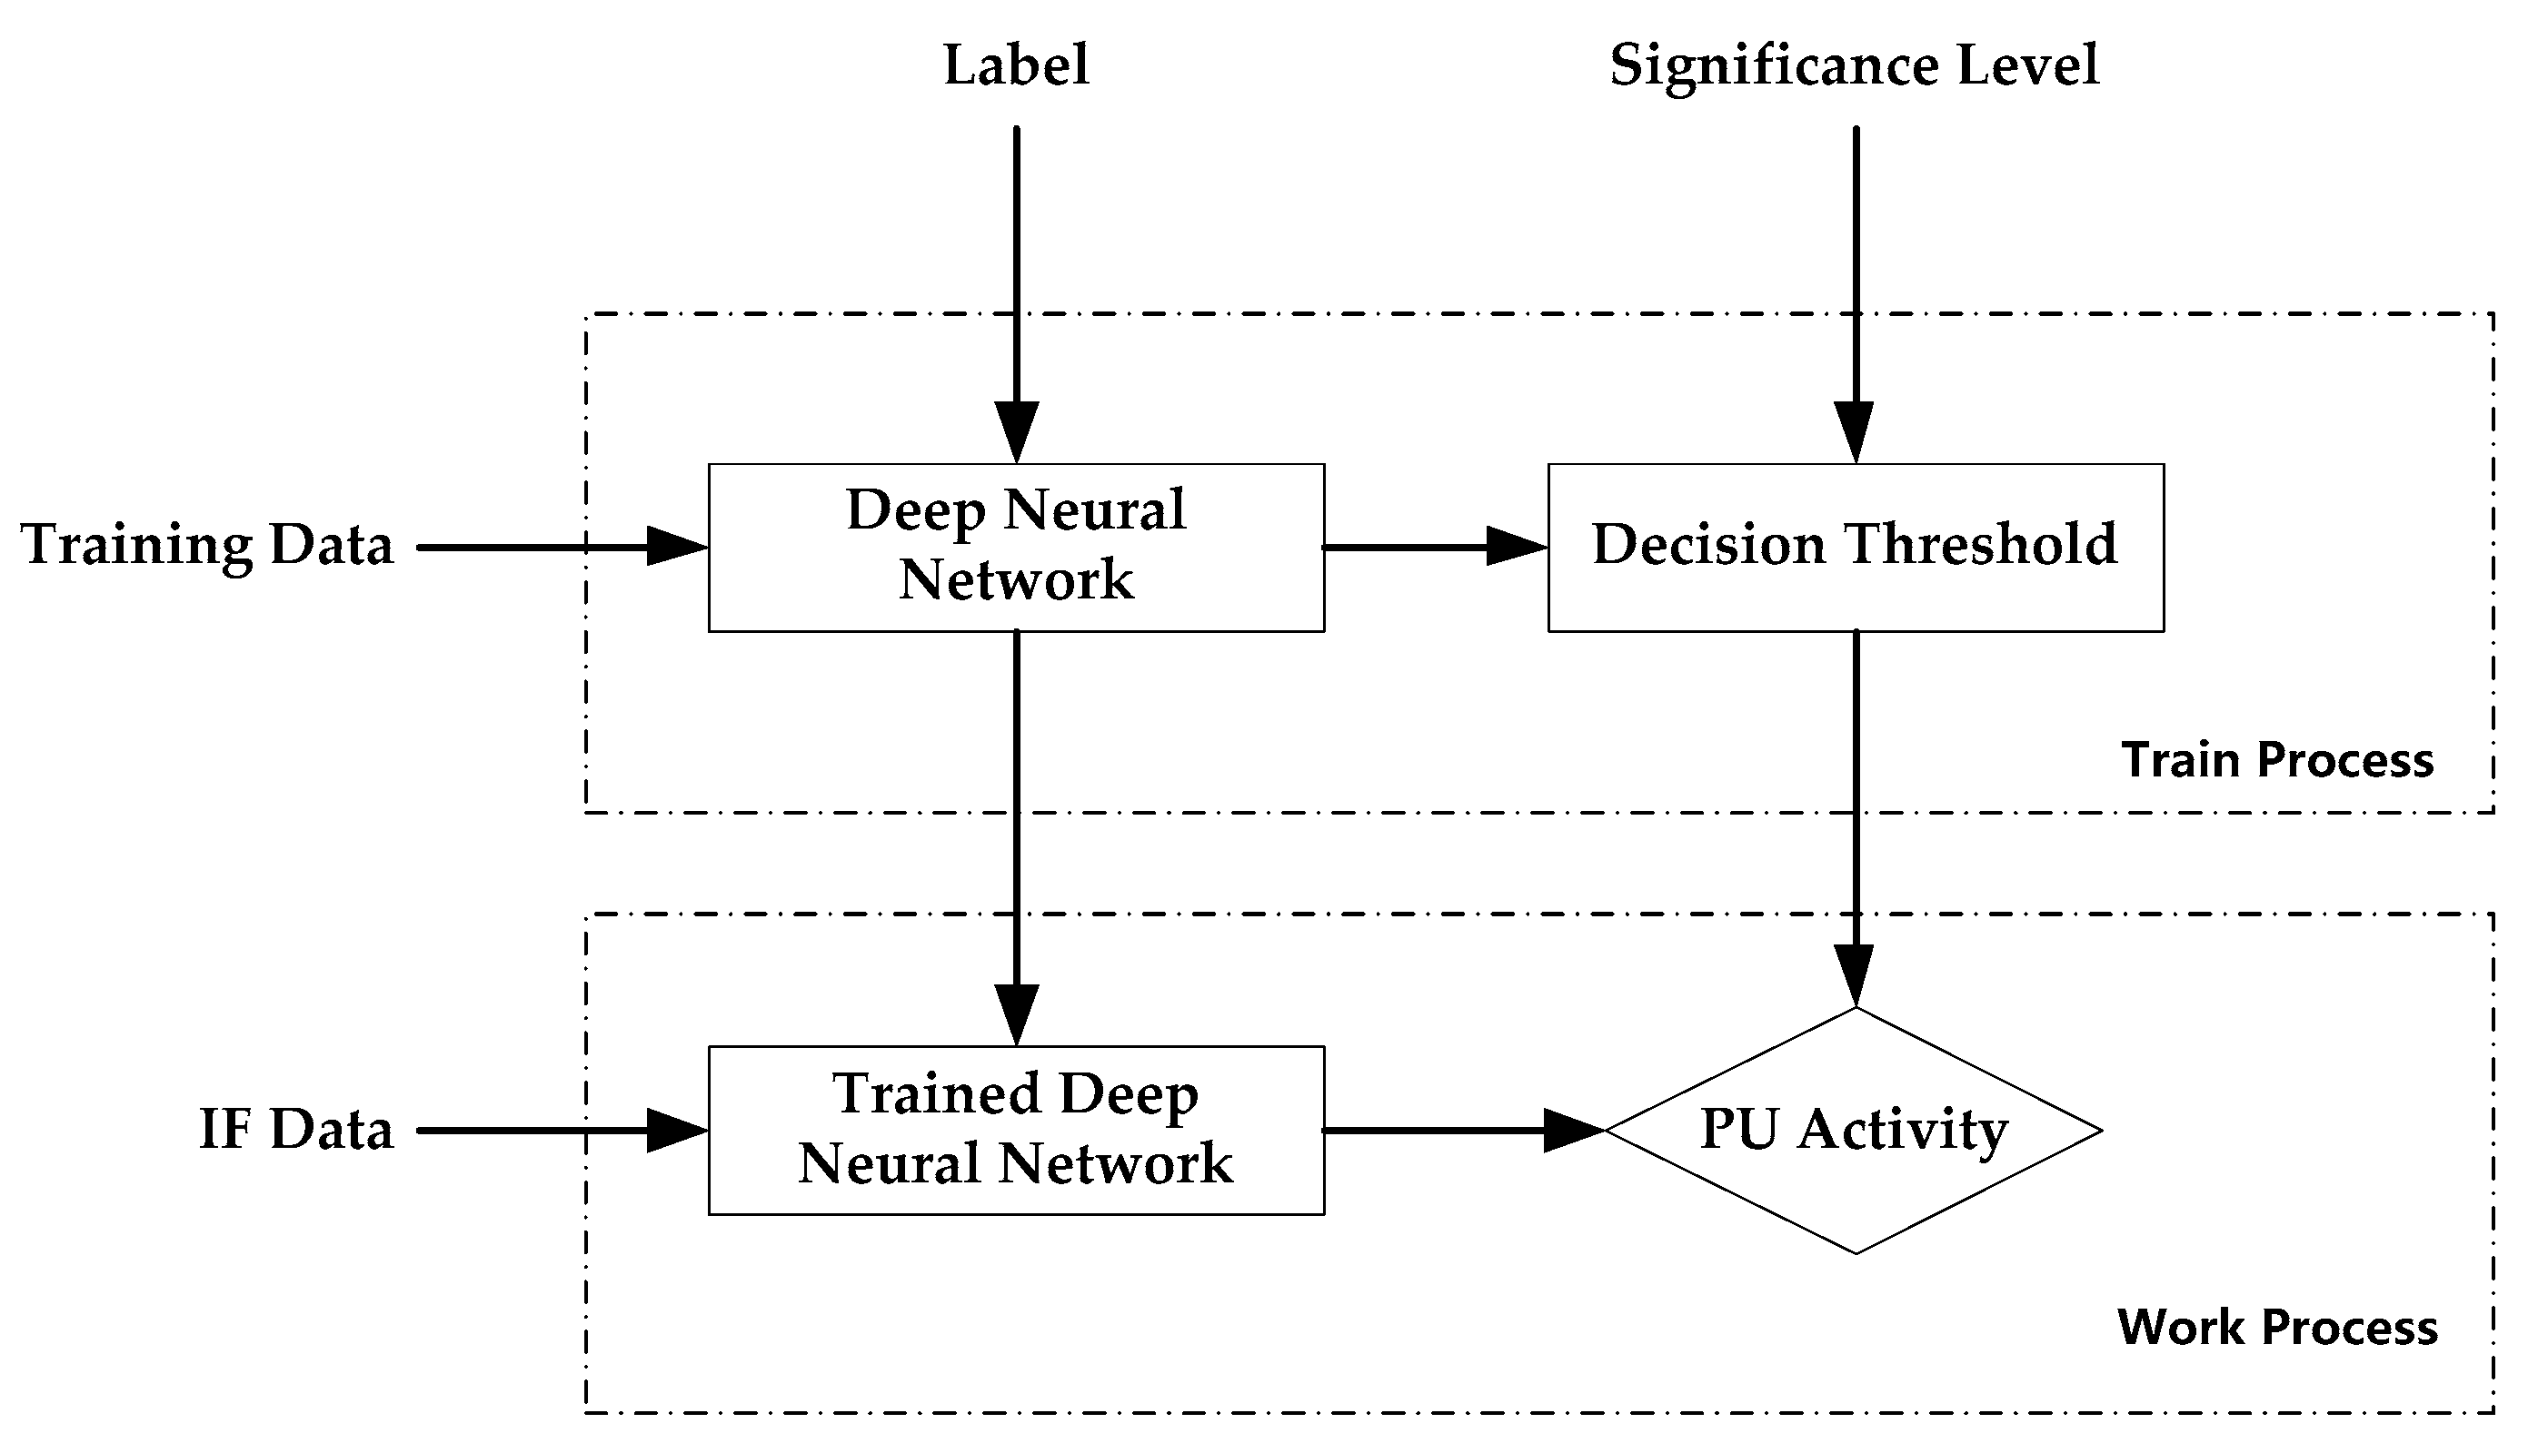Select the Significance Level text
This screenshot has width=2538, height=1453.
(x=1854, y=66)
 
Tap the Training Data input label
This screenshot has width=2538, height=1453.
(x=208, y=546)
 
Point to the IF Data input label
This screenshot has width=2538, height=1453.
(x=296, y=1131)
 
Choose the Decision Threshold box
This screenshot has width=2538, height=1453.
(x=1855, y=547)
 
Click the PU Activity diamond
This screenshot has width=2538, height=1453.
(x=1854, y=1131)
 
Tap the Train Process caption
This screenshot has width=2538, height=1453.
(x=2277, y=760)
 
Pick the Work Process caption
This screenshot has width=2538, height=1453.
(x=2277, y=1329)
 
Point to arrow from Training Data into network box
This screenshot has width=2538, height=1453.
(x=559, y=547)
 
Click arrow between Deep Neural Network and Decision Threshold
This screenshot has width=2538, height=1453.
(x=1434, y=547)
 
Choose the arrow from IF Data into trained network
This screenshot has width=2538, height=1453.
(x=559, y=1131)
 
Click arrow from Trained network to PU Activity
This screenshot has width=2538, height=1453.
(x=1462, y=1131)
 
